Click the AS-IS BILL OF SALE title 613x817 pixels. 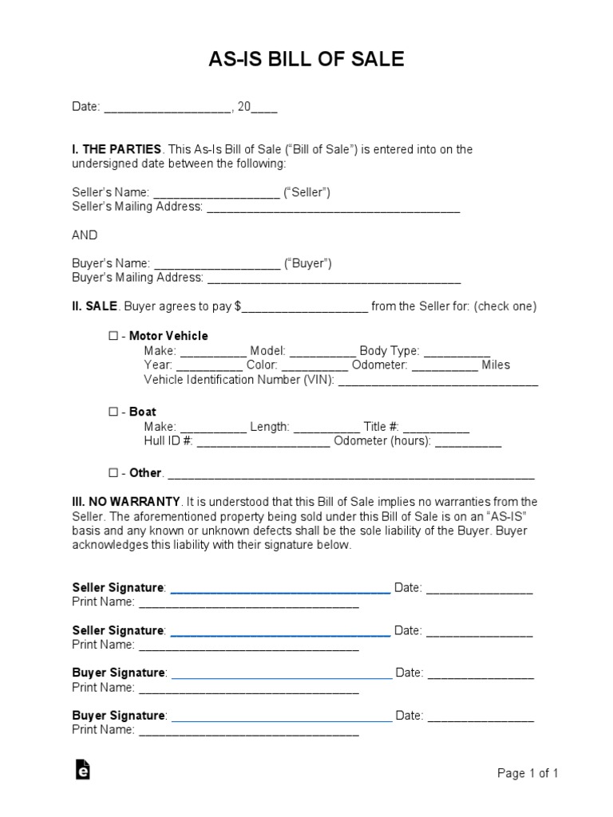(306, 59)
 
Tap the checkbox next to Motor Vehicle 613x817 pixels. (113, 336)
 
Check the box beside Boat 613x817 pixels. (113, 412)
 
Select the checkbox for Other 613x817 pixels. (113, 472)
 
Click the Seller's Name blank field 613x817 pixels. (216, 194)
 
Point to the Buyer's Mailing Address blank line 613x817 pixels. (334, 278)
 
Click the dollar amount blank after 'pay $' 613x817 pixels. (305, 307)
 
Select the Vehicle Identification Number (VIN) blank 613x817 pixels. (438, 381)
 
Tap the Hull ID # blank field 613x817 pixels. (263, 441)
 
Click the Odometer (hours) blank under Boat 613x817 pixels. (468, 441)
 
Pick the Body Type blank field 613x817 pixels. (457, 351)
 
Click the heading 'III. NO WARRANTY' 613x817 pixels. (125, 502)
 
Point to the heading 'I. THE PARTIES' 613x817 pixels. (117, 149)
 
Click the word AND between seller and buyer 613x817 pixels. (85, 235)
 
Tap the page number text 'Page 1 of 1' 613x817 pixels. (528, 773)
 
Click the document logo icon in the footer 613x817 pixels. (82, 769)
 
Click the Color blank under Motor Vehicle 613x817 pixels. (314, 365)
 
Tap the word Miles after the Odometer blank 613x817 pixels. (496, 365)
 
